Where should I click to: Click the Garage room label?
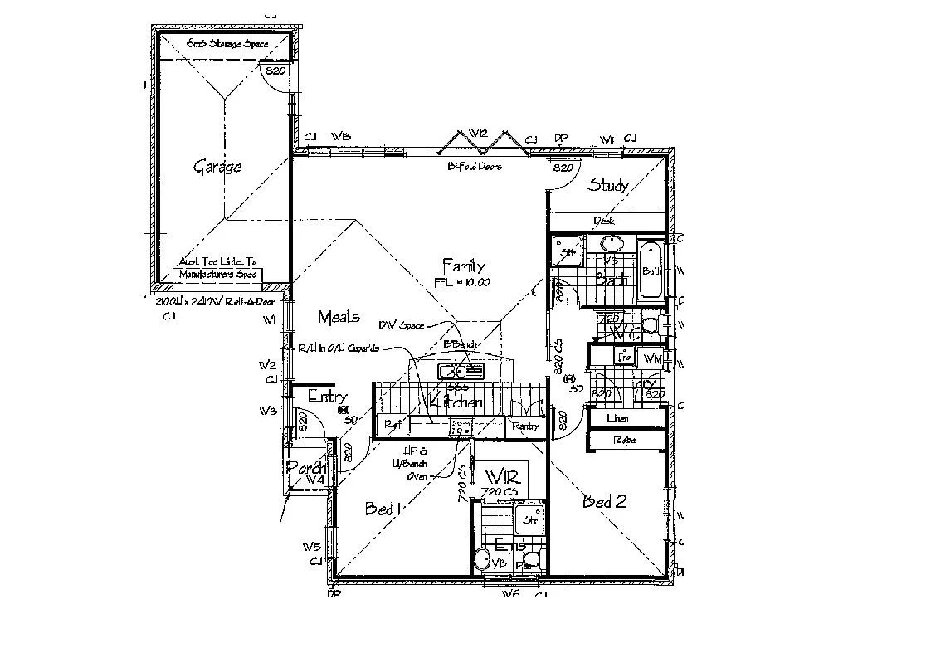tap(217, 167)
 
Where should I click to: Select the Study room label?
tap(607, 185)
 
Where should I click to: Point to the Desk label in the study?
tap(604, 221)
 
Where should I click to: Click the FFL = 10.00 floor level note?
tap(462, 282)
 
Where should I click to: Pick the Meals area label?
tap(339, 316)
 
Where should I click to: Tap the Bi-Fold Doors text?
tap(474, 167)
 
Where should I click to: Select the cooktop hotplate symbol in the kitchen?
tap(461, 427)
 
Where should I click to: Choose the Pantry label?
tap(525, 426)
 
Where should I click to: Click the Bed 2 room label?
tap(603, 501)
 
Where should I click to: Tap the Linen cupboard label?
tap(617, 419)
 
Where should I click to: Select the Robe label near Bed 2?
tap(623, 440)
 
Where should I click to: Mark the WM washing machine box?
tap(652, 358)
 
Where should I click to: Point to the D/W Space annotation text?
tap(401, 325)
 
